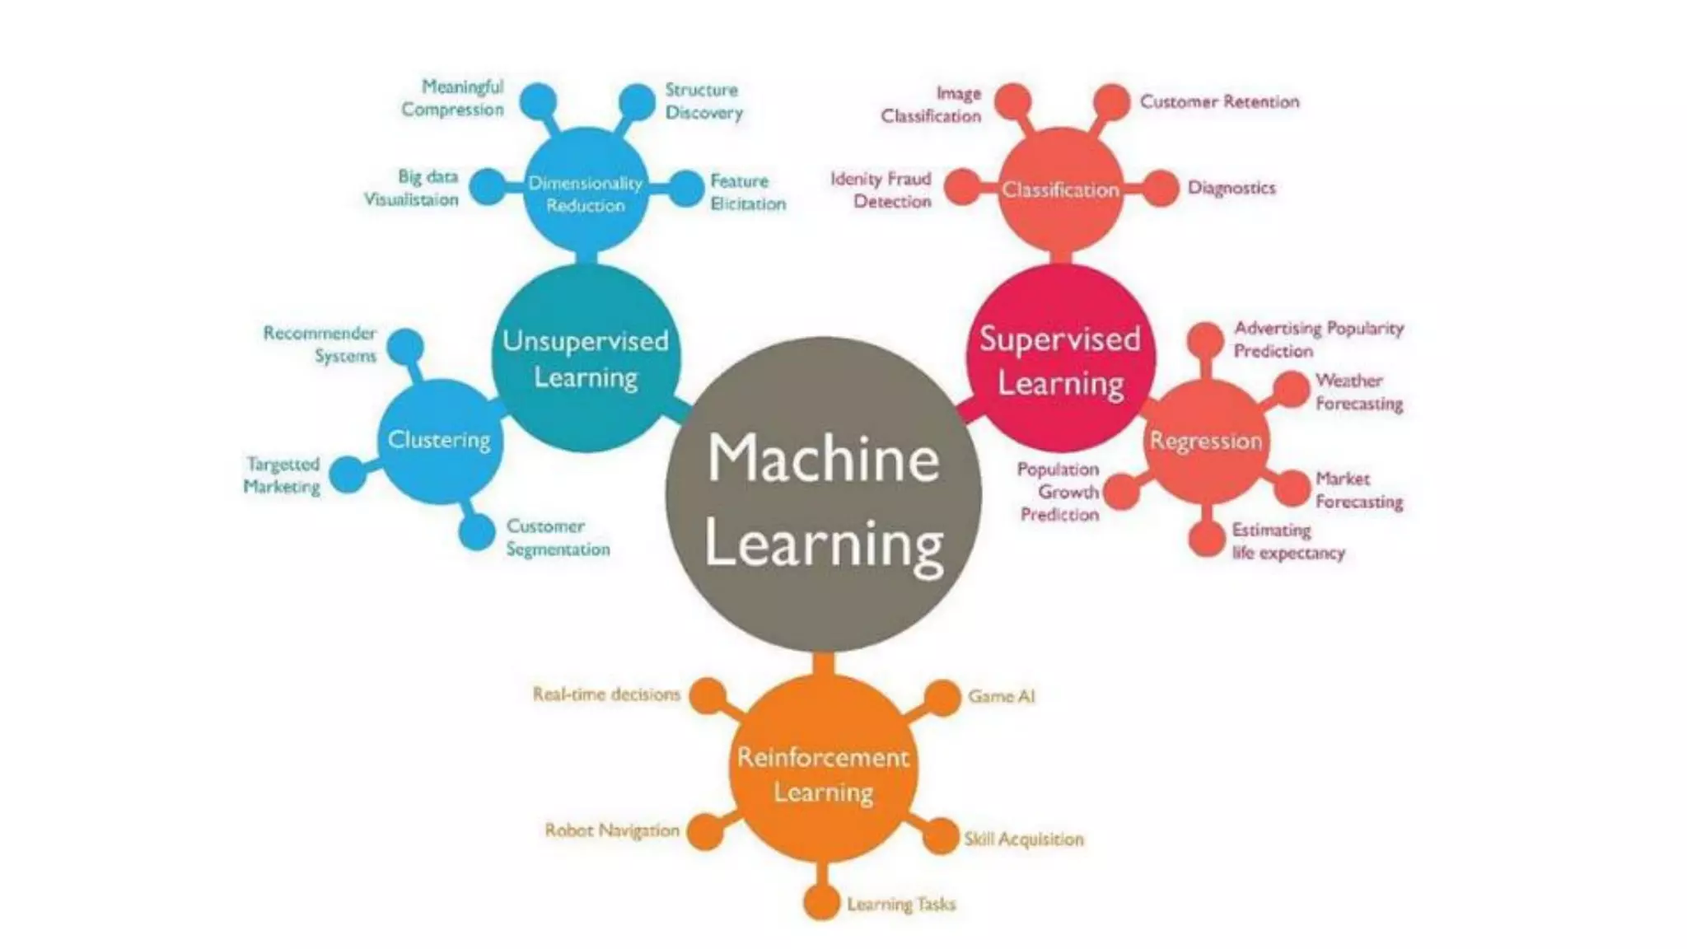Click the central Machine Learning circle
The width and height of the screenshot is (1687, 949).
click(823, 494)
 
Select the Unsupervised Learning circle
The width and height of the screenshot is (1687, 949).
click(586, 358)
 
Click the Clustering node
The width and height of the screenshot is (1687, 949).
click(439, 441)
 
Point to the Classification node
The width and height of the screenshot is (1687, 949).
click(1061, 189)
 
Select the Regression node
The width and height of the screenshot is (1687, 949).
click(1206, 441)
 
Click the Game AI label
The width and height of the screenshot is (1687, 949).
click(1001, 696)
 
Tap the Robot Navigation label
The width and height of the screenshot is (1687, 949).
click(612, 830)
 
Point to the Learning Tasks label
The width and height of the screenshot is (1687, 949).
click(901, 905)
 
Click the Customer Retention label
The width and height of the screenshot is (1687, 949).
click(1219, 102)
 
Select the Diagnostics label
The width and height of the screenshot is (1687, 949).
click(1231, 188)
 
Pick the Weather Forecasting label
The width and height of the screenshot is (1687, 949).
click(1358, 392)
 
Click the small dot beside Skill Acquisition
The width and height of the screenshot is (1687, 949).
click(940, 836)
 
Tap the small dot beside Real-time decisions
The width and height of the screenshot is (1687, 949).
click(708, 696)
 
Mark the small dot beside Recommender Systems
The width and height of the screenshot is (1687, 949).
click(405, 347)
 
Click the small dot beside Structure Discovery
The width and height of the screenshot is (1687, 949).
click(637, 102)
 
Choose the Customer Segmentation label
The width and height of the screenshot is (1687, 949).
click(558, 537)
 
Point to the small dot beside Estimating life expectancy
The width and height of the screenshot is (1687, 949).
click(1207, 540)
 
